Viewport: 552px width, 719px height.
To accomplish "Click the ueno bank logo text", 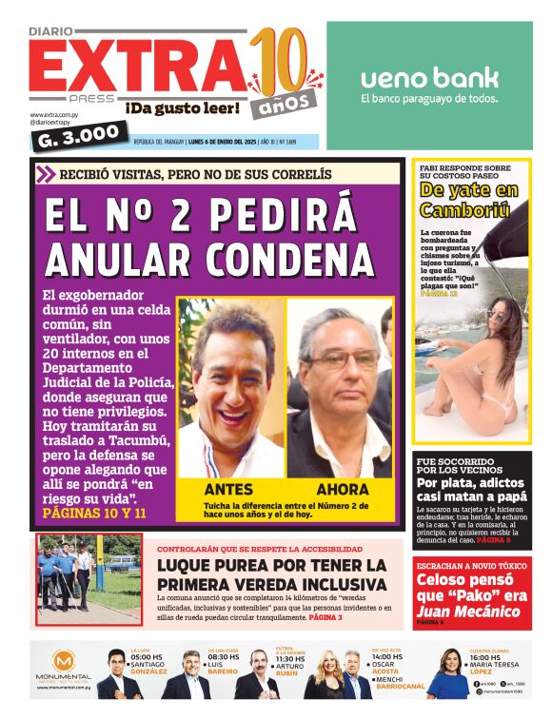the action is (429, 78).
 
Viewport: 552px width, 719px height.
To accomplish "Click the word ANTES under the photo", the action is (228, 489).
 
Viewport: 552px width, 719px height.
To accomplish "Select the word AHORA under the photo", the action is (342, 489).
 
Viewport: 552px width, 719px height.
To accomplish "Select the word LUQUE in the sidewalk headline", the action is (188, 566).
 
